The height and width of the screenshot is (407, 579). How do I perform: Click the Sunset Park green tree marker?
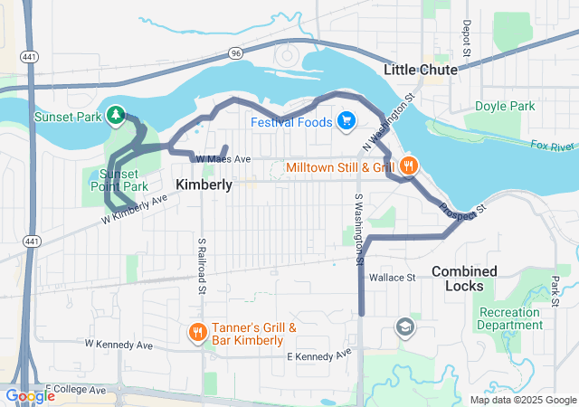(116, 115)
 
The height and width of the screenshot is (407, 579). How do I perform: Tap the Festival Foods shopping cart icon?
(346, 121)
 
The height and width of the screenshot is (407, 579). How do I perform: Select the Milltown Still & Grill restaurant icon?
(409, 166)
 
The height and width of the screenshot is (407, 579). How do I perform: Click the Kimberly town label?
(204, 185)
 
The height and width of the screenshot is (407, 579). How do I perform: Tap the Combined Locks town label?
(464, 278)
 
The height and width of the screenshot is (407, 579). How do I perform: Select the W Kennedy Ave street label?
(119, 344)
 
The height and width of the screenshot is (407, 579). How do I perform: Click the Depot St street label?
(467, 39)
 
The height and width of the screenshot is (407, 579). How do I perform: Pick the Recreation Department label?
(511, 318)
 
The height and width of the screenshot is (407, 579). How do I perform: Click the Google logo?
(30, 396)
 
